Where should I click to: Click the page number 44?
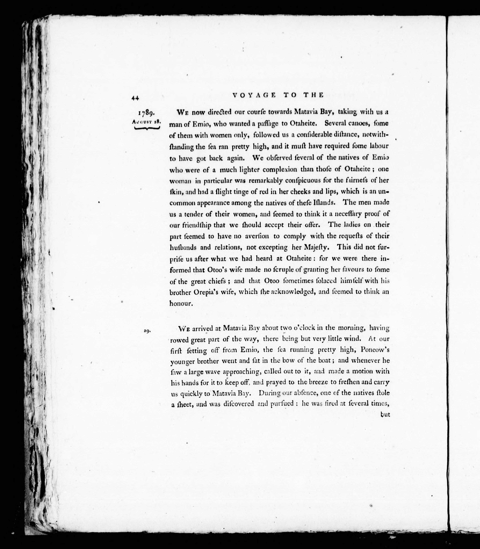tap(135, 98)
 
